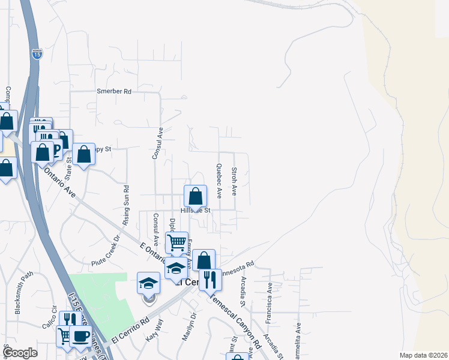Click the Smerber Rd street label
point(114,91)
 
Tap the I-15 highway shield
point(37,54)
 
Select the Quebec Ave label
point(219,181)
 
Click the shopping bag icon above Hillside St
point(195,196)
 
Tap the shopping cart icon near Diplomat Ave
point(176,242)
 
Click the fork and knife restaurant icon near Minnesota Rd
point(210,279)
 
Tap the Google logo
point(20,353)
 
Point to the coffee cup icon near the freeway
point(80,336)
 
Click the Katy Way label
point(154,331)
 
